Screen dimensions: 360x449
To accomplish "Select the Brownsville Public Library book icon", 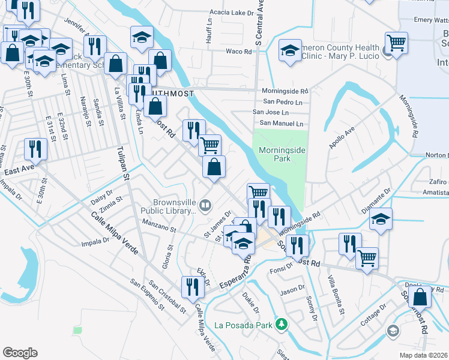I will pyautogui.click(x=205, y=206).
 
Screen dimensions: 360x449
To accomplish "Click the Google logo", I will pyautogui.click(x=20, y=353).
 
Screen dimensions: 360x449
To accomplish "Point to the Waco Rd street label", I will pyautogui.click(x=239, y=52).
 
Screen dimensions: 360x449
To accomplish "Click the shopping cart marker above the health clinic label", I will pyautogui.click(x=396, y=43).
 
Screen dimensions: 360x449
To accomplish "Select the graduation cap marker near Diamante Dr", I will pyautogui.click(x=381, y=219).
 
